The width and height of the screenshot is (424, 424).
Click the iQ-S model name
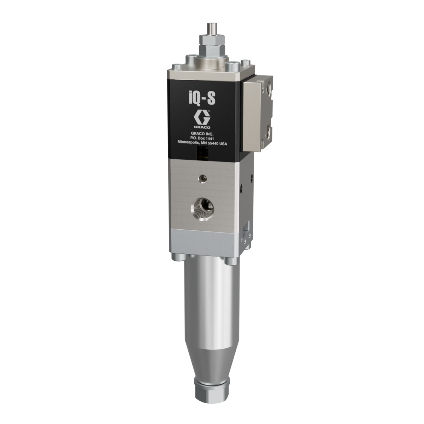[202, 99]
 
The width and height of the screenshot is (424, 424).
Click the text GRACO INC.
[202, 134]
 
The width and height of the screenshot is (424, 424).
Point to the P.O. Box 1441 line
[202, 139]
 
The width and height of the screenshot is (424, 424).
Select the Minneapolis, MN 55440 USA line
[202, 143]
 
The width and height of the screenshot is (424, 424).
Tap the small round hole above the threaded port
[202, 178]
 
